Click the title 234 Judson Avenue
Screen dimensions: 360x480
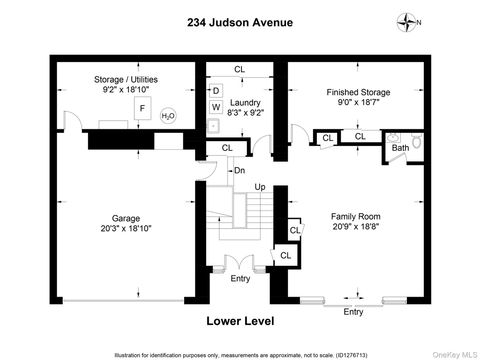(239, 22)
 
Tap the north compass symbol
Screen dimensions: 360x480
(403, 21)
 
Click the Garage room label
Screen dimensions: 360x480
(125, 218)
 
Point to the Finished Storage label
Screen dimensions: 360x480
(356, 92)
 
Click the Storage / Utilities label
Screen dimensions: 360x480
(128, 79)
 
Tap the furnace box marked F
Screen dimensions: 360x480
(142, 106)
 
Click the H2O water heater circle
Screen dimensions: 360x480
(168, 116)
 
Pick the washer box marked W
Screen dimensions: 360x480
(215, 107)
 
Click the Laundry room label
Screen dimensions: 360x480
(245, 103)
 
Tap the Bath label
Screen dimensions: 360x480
(400, 148)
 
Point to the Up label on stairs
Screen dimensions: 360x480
(259, 187)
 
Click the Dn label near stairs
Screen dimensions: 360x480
(239, 170)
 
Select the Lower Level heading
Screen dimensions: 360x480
(240, 321)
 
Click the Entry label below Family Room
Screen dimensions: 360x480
(354, 312)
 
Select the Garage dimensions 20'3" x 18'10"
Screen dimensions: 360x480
(125, 229)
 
